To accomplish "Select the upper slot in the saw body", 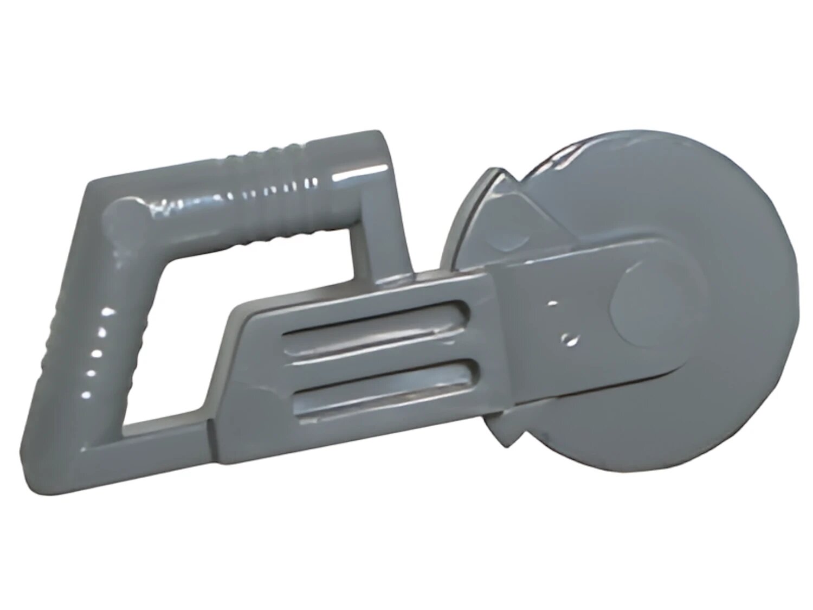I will point(374,320).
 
